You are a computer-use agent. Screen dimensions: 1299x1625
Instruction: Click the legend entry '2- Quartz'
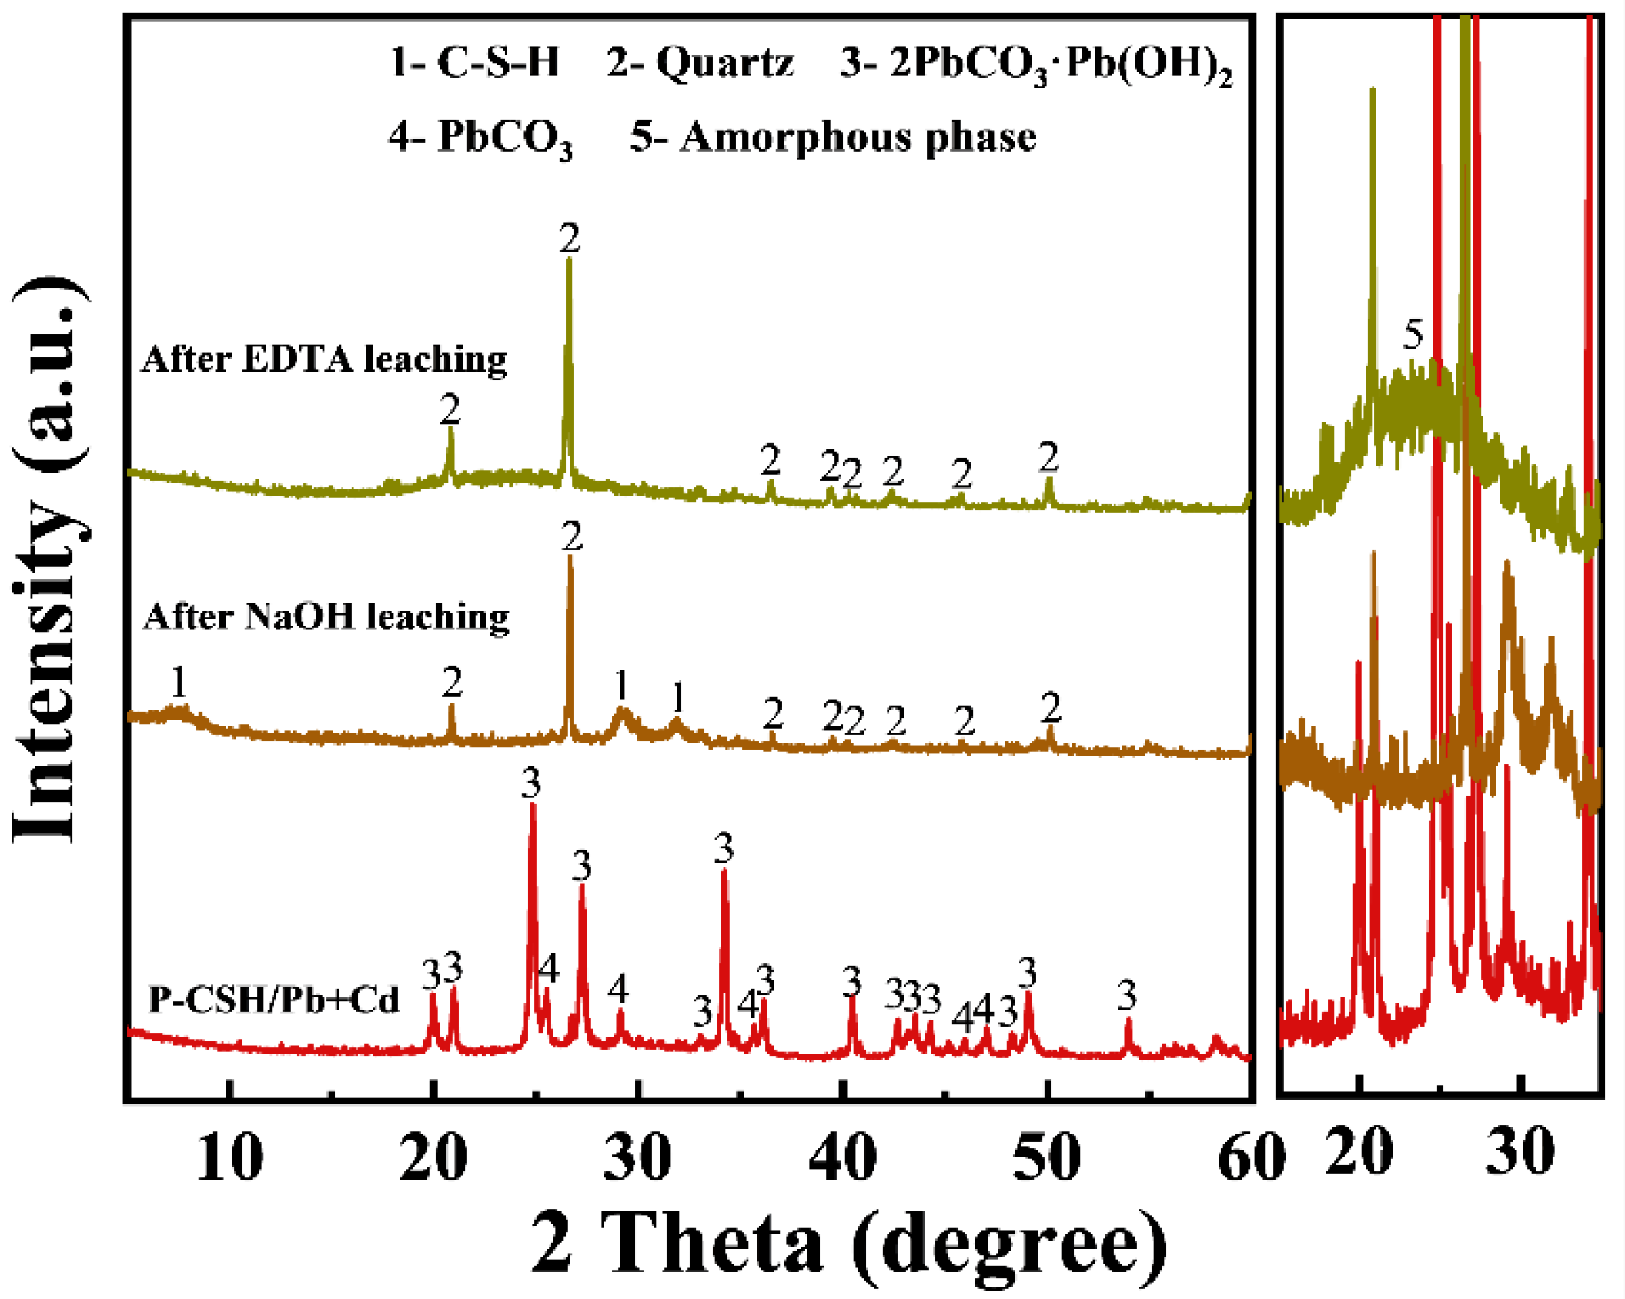point(699,62)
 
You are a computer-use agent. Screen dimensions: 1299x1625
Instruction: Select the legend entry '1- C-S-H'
point(475,62)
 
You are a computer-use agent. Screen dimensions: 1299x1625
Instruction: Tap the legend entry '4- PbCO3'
point(480,139)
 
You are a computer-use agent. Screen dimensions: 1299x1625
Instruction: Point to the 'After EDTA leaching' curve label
point(324,359)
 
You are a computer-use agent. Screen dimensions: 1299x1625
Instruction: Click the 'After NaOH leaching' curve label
point(326,617)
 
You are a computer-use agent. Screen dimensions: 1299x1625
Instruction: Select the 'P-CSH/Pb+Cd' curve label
point(273,1000)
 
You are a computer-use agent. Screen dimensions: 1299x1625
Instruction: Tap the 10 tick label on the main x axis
point(229,1157)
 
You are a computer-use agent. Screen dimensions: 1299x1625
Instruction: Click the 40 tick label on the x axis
point(842,1157)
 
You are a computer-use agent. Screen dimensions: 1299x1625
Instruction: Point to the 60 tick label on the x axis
point(1251,1157)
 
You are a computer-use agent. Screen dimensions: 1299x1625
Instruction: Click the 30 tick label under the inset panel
point(1520,1152)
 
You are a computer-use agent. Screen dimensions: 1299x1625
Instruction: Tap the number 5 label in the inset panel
point(1413,335)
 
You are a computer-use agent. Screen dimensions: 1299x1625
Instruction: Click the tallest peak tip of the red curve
point(532,804)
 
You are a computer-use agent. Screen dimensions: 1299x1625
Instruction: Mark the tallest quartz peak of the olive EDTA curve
point(569,260)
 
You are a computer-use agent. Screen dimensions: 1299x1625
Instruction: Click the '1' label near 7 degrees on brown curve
point(179,682)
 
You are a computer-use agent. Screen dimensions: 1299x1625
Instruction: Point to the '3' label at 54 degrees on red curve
point(1127,995)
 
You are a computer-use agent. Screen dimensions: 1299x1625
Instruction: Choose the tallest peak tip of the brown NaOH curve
point(570,556)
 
